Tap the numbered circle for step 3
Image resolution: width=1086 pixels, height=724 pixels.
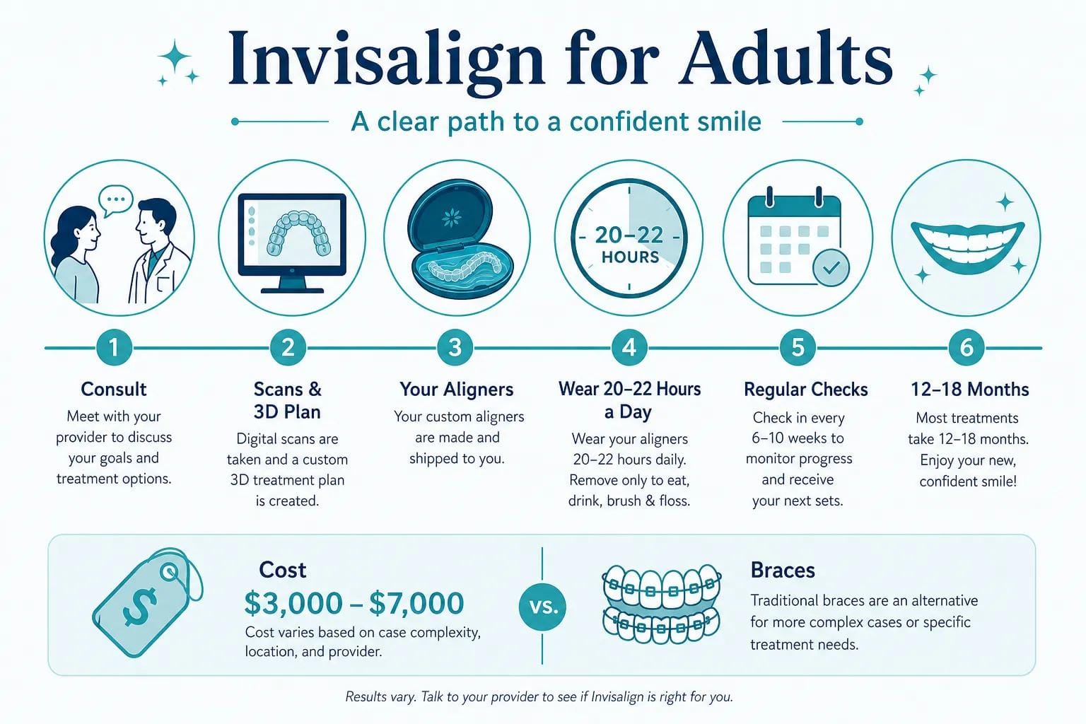[x=455, y=347]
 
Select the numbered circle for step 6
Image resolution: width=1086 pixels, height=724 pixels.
[x=967, y=347]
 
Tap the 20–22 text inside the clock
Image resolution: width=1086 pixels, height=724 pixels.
[x=629, y=235]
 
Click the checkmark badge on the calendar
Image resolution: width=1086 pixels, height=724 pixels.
[x=831, y=267]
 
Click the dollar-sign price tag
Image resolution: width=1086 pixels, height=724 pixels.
[x=146, y=602]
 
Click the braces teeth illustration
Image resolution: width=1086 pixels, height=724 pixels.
[x=661, y=605]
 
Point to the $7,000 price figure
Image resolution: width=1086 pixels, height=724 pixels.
[x=416, y=603]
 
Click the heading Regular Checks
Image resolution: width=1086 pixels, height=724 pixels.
[x=806, y=390]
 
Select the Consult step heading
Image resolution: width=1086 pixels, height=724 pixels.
[x=113, y=389]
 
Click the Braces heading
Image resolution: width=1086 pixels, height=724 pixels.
[x=783, y=571]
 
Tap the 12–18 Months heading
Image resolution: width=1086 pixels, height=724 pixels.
[x=969, y=390]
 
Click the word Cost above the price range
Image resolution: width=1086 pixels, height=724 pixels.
[x=283, y=571]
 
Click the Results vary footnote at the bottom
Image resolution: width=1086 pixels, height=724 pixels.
[x=539, y=697]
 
